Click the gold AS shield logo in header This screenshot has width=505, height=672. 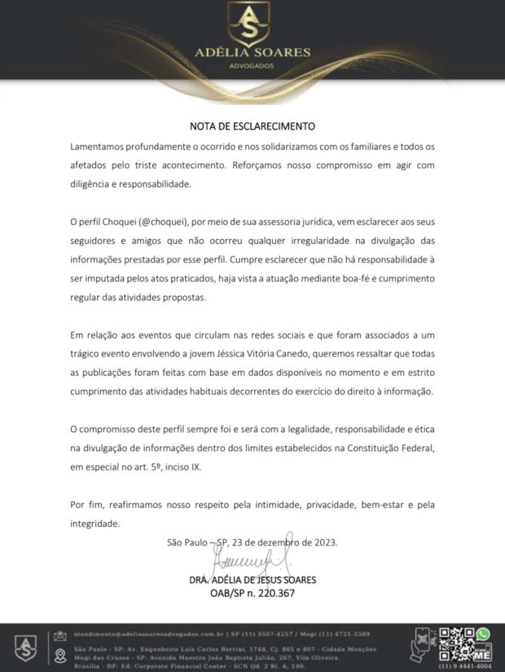point(252,23)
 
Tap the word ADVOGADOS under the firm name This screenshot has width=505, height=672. point(253,65)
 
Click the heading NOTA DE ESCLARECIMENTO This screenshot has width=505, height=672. point(252,126)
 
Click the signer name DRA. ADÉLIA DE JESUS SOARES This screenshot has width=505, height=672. point(253,580)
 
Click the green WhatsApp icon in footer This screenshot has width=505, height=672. point(483,633)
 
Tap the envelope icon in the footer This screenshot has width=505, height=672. point(59,635)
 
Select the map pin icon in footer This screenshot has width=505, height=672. point(59,656)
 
